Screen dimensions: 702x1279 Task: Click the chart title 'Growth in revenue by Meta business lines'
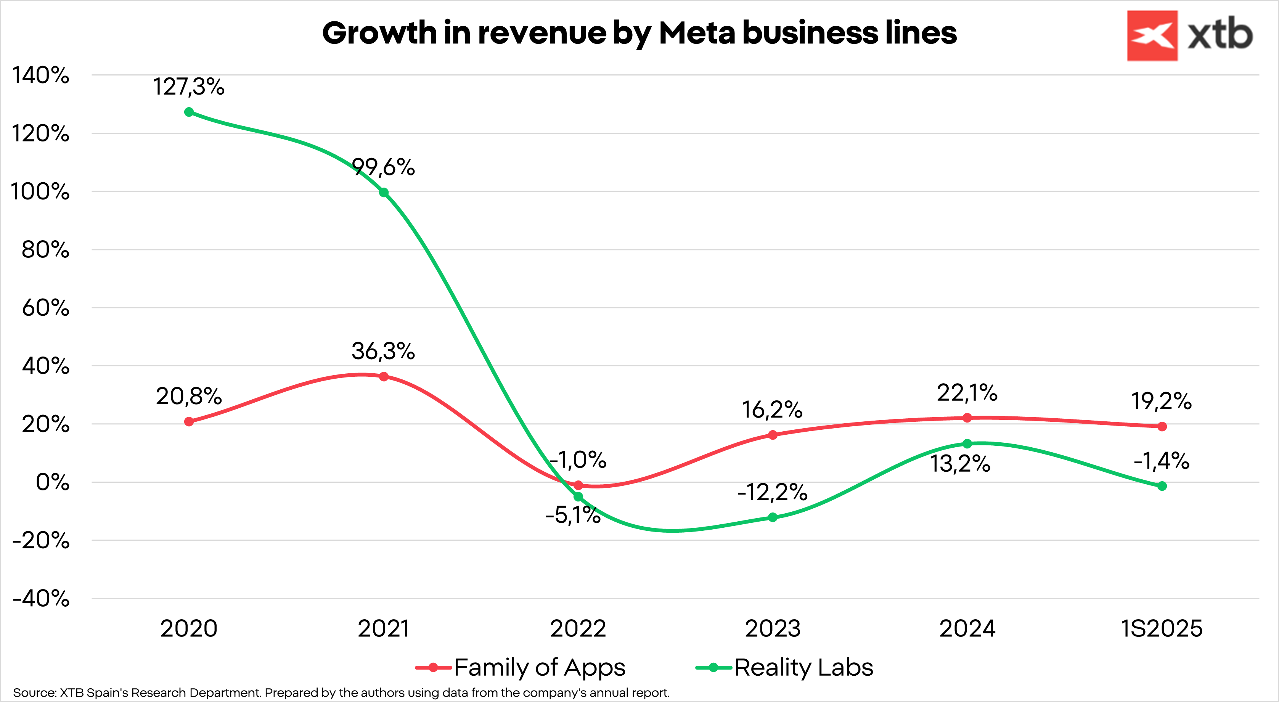[639, 33]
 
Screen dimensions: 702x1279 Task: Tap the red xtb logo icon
[1152, 36]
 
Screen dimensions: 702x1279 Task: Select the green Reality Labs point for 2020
[189, 112]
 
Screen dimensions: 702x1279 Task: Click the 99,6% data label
[383, 167]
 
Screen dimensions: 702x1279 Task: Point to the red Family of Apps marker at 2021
[384, 376]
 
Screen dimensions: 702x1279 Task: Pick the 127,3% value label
[189, 87]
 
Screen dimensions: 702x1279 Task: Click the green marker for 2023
[773, 517]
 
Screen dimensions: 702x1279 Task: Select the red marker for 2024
[967, 418]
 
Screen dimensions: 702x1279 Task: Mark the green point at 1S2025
[1162, 486]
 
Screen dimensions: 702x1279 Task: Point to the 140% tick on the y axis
[41, 76]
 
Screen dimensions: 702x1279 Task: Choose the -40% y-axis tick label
[41, 598]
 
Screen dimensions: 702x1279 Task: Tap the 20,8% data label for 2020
[189, 397]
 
